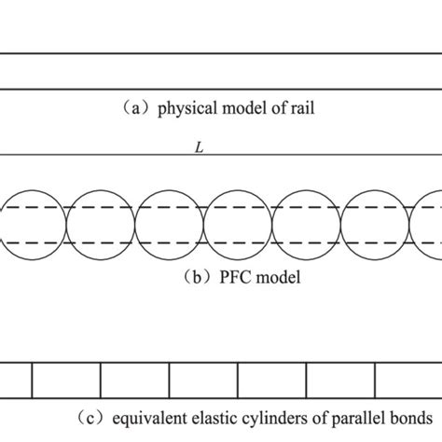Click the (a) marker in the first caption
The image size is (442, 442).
[137, 107]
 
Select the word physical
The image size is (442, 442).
[184, 107]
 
